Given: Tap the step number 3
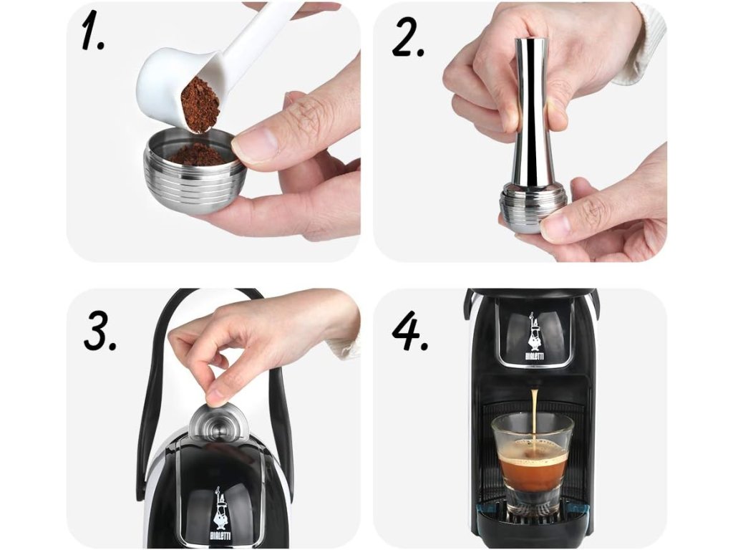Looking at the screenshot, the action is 99,330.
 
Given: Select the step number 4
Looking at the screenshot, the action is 410,330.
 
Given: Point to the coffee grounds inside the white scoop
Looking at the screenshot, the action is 200,105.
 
